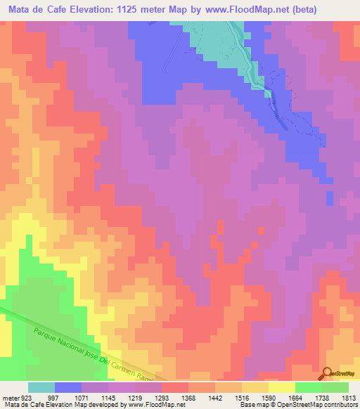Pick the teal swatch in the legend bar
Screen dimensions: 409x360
click(41, 387)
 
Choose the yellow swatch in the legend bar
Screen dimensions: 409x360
click(281, 387)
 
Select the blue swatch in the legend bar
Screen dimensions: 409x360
click(68, 387)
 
